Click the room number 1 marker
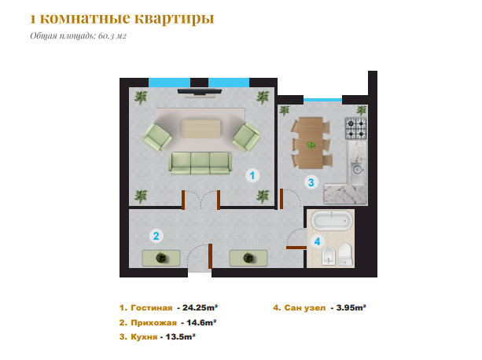point(252,175)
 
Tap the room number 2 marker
point(156,236)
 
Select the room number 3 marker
point(311,182)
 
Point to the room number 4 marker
point(317,241)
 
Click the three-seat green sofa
point(201,163)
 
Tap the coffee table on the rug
point(201,129)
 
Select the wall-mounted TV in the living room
point(200,91)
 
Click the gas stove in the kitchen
point(356,128)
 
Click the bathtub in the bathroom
point(331,221)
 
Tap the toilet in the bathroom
point(345,255)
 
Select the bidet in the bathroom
point(329,256)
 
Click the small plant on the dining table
point(311,145)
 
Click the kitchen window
point(322,100)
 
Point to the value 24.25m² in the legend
point(201,307)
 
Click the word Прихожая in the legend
point(153,323)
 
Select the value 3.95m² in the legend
point(351,307)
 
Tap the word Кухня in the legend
point(144,337)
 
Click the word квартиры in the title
point(175,18)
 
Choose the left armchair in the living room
point(157,137)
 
